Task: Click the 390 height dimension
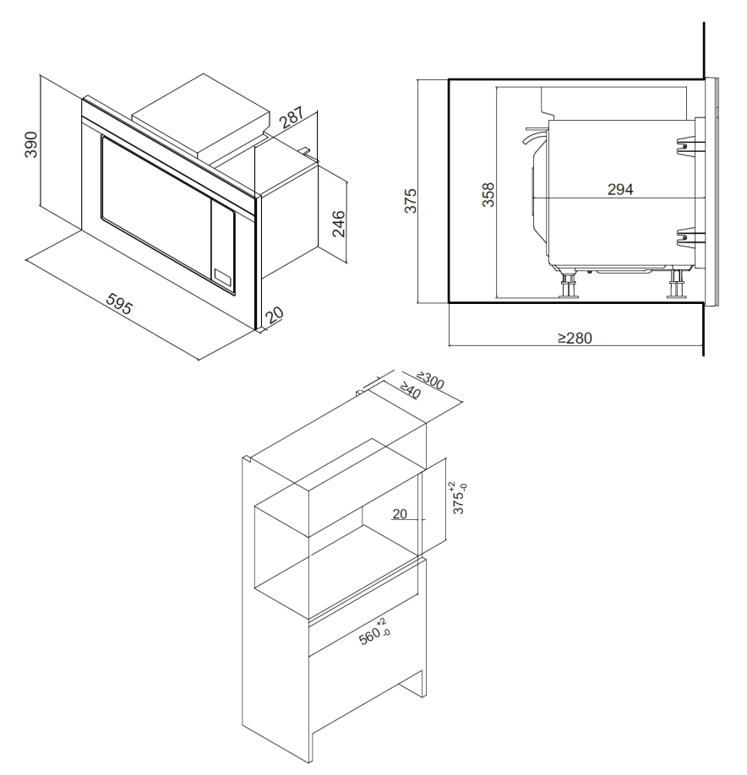pos(30,144)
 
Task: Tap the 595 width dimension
pos(119,304)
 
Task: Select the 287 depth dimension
pos(292,118)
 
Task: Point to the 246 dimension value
pos(338,224)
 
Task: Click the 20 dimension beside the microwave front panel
pos(275,314)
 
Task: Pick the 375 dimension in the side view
pos(411,201)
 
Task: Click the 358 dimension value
pos(488,195)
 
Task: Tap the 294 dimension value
pos(620,189)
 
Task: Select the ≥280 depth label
pos(575,338)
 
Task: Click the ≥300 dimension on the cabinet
pos(430,381)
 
